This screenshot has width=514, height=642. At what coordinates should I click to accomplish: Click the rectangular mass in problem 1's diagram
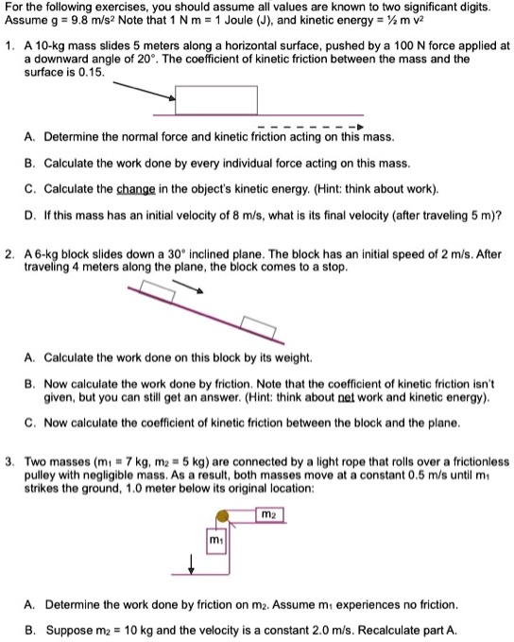[216, 101]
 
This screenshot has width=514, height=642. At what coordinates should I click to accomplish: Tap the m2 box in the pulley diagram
[271, 515]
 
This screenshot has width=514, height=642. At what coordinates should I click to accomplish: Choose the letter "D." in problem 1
[32, 214]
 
